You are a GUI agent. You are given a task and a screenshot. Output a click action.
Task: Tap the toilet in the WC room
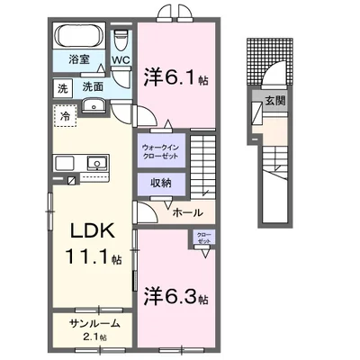coord(121,40)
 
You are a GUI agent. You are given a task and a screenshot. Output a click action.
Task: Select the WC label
coord(121,61)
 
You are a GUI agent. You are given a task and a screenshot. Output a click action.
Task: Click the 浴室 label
coord(80,60)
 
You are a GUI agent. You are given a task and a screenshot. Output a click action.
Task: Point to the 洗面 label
coord(93,87)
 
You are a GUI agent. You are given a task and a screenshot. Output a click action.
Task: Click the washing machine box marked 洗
coord(64,87)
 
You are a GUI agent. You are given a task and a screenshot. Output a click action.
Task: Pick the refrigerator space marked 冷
coord(66,115)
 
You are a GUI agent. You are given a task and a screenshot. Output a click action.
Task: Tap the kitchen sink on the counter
coord(94,163)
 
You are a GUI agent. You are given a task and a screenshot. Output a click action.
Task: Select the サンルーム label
coord(89,322)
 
